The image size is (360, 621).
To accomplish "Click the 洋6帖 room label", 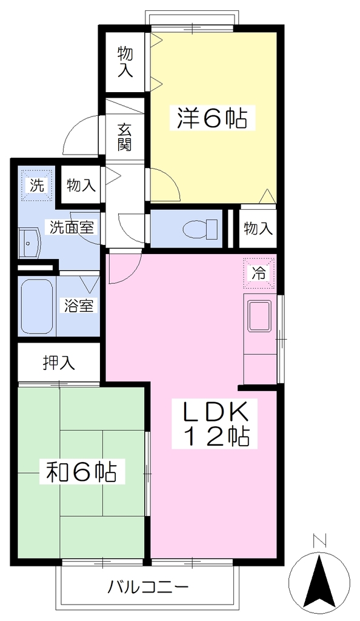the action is [x=212, y=118].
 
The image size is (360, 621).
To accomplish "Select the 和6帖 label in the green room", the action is [x=81, y=471].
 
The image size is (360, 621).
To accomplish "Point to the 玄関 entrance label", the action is [x=125, y=137].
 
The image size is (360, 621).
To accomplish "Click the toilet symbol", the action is [x=201, y=229].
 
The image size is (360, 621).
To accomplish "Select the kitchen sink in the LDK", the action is [x=259, y=315].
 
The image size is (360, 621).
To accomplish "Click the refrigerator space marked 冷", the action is [x=259, y=273].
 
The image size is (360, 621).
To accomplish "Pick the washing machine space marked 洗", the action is [x=37, y=186].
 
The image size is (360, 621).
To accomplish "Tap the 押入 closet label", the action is [x=59, y=363].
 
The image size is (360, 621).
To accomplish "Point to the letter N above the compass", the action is [x=319, y=540].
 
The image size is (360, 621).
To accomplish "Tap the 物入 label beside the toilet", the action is [x=258, y=229].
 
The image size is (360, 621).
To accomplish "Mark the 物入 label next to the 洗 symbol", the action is [x=81, y=185].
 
